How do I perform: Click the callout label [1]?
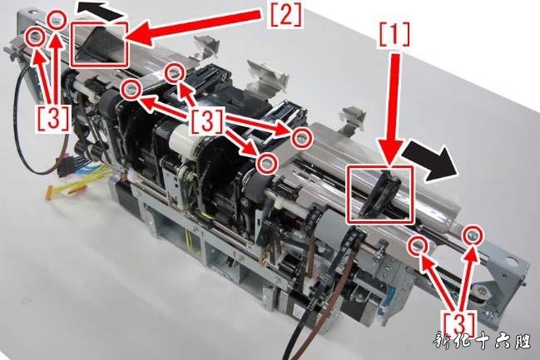(395, 34)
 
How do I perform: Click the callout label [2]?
(286, 15)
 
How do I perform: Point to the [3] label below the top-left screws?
(52, 117)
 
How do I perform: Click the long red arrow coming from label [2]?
(201, 27)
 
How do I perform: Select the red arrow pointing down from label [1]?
(394, 110)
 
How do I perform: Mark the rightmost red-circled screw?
(474, 235)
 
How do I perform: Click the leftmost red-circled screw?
(36, 36)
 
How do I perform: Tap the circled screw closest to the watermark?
(474, 235)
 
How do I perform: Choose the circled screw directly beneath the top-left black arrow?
(56, 19)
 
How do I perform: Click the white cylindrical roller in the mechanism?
(183, 137)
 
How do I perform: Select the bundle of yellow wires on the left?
(78, 178)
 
